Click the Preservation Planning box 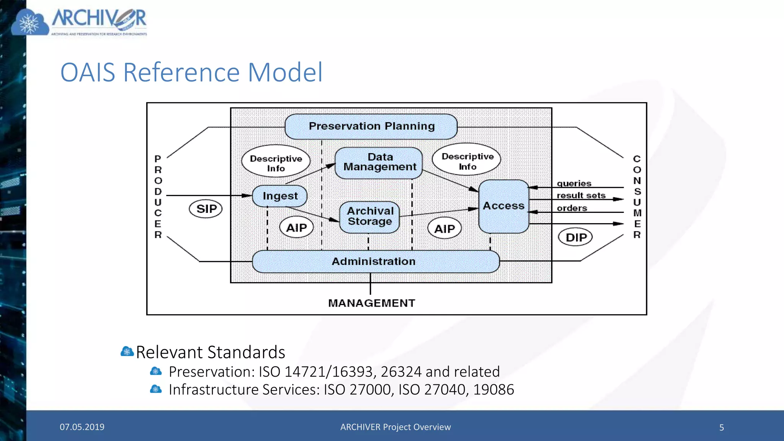point(371,126)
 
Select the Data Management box point(379,163)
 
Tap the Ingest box point(280,196)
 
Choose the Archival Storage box point(370,217)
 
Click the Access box point(503,206)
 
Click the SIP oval point(206,209)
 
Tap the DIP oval point(575,237)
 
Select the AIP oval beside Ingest point(296,228)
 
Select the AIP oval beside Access point(444,229)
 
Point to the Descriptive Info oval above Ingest point(276,163)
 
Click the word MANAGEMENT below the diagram point(371,303)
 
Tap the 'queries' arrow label point(573,183)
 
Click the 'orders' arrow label point(572,208)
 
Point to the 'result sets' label point(581,196)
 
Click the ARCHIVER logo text point(99,18)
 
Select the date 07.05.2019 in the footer point(82,427)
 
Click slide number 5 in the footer point(721,427)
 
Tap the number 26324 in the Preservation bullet point(401,372)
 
